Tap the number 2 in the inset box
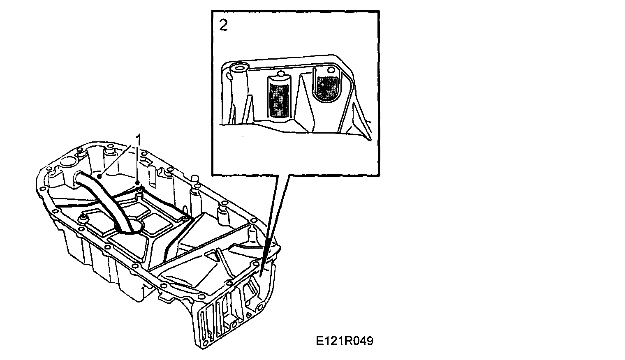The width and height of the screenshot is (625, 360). (x=223, y=25)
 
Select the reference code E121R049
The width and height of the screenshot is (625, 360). (x=345, y=341)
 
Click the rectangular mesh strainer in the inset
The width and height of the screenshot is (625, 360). (x=279, y=98)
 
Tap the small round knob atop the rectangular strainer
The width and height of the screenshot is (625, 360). (x=281, y=74)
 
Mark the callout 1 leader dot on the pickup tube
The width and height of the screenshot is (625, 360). (x=99, y=176)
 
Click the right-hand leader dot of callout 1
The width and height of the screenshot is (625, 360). (x=138, y=182)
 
